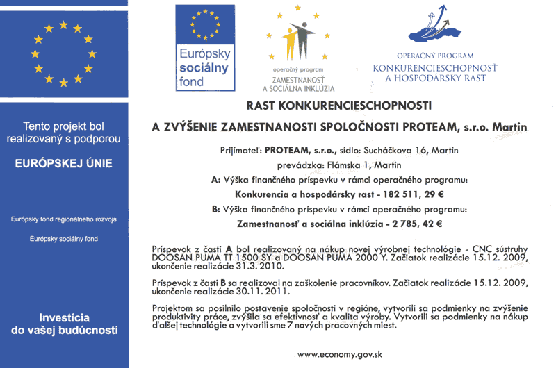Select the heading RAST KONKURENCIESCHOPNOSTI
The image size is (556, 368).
(339, 106)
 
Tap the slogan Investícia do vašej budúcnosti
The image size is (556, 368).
(64, 322)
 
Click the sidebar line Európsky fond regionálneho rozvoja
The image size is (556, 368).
(64, 219)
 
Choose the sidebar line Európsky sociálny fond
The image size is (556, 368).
(64, 239)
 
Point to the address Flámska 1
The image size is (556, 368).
(352, 165)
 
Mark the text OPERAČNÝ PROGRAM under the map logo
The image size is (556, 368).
(435, 56)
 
